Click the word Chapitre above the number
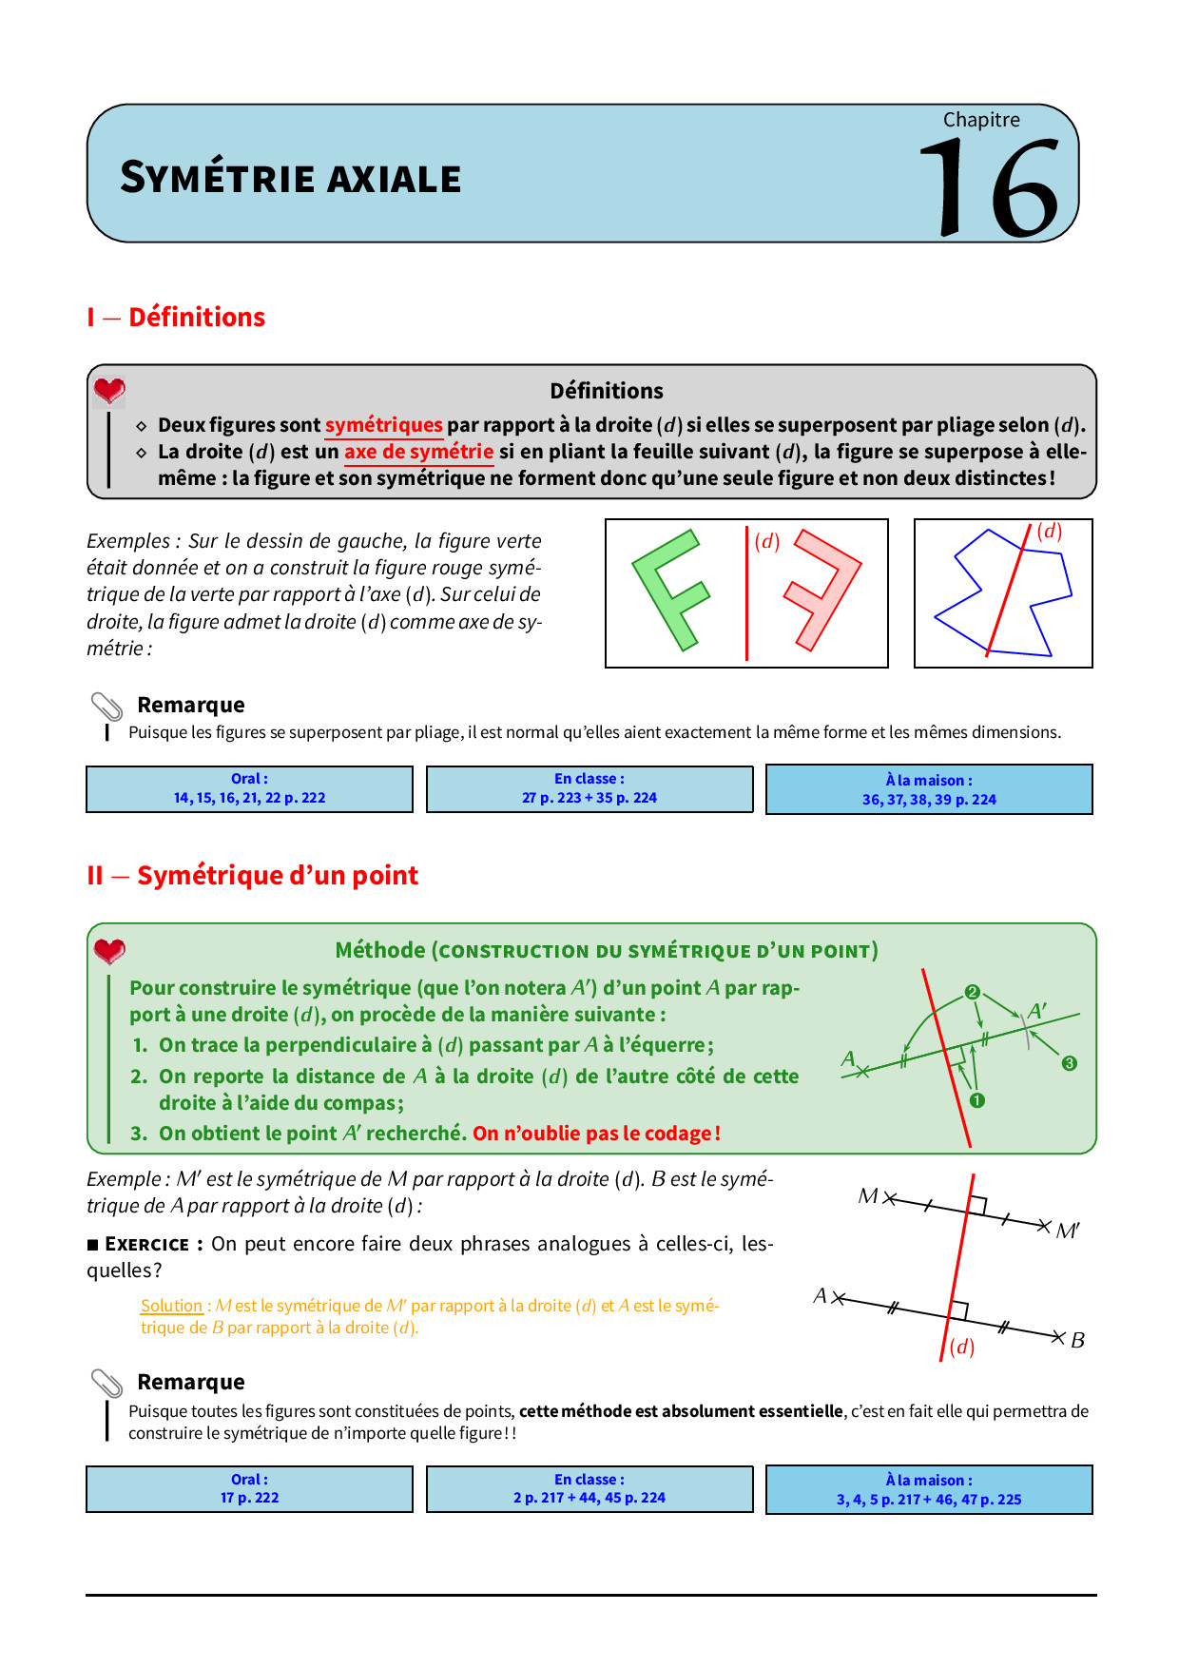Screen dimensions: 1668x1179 pyautogui.click(x=981, y=120)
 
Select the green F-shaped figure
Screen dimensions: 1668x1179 pyautogui.click(x=668, y=591)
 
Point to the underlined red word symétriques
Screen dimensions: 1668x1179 pyautogui.click(x=383, y=425)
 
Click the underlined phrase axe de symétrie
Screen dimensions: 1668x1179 pyautogui.click(x=418, y=452)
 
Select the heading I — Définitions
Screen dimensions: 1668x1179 pyautogui.click(x=176, y=317)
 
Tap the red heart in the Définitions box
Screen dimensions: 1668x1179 pyautogui.click(x=109, y=390)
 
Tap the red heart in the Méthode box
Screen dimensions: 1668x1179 pyautogui.click(x=109, y=950)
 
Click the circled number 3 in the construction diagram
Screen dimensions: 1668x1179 pyautogui.click(x=1069, y=1063)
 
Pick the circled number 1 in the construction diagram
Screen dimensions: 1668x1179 pyautogui.click(x=976, y=1100)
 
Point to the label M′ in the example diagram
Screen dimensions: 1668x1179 pyautogui.click(x=1068, y=1232)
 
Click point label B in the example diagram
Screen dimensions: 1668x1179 pyautogui.click(x=1077, y=1341)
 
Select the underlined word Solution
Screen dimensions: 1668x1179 pyautogui.click(x=171, y=1306)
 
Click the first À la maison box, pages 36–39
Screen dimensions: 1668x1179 pyautogui.click(x=929, y=789)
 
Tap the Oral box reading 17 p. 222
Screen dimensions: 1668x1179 pyautogui.click(x=249, y=1488)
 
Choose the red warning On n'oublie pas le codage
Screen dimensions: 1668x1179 pyautogui.click(x=596, y=1134)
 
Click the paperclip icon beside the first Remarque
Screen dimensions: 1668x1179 pyautogui.click(x=106, y=707)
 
